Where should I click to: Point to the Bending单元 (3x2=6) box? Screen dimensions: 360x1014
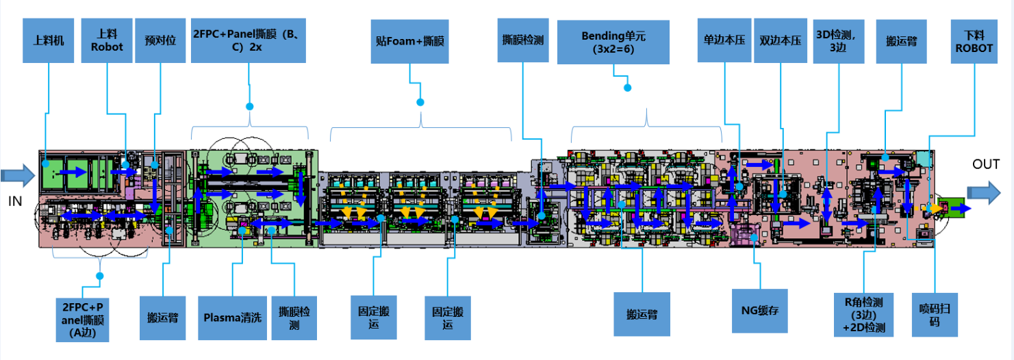pos(613,42)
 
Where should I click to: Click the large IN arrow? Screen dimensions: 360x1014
pos(16,175)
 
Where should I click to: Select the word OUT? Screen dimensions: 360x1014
pos(986,164)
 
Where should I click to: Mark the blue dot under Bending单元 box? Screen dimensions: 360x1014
pos(628,87)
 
